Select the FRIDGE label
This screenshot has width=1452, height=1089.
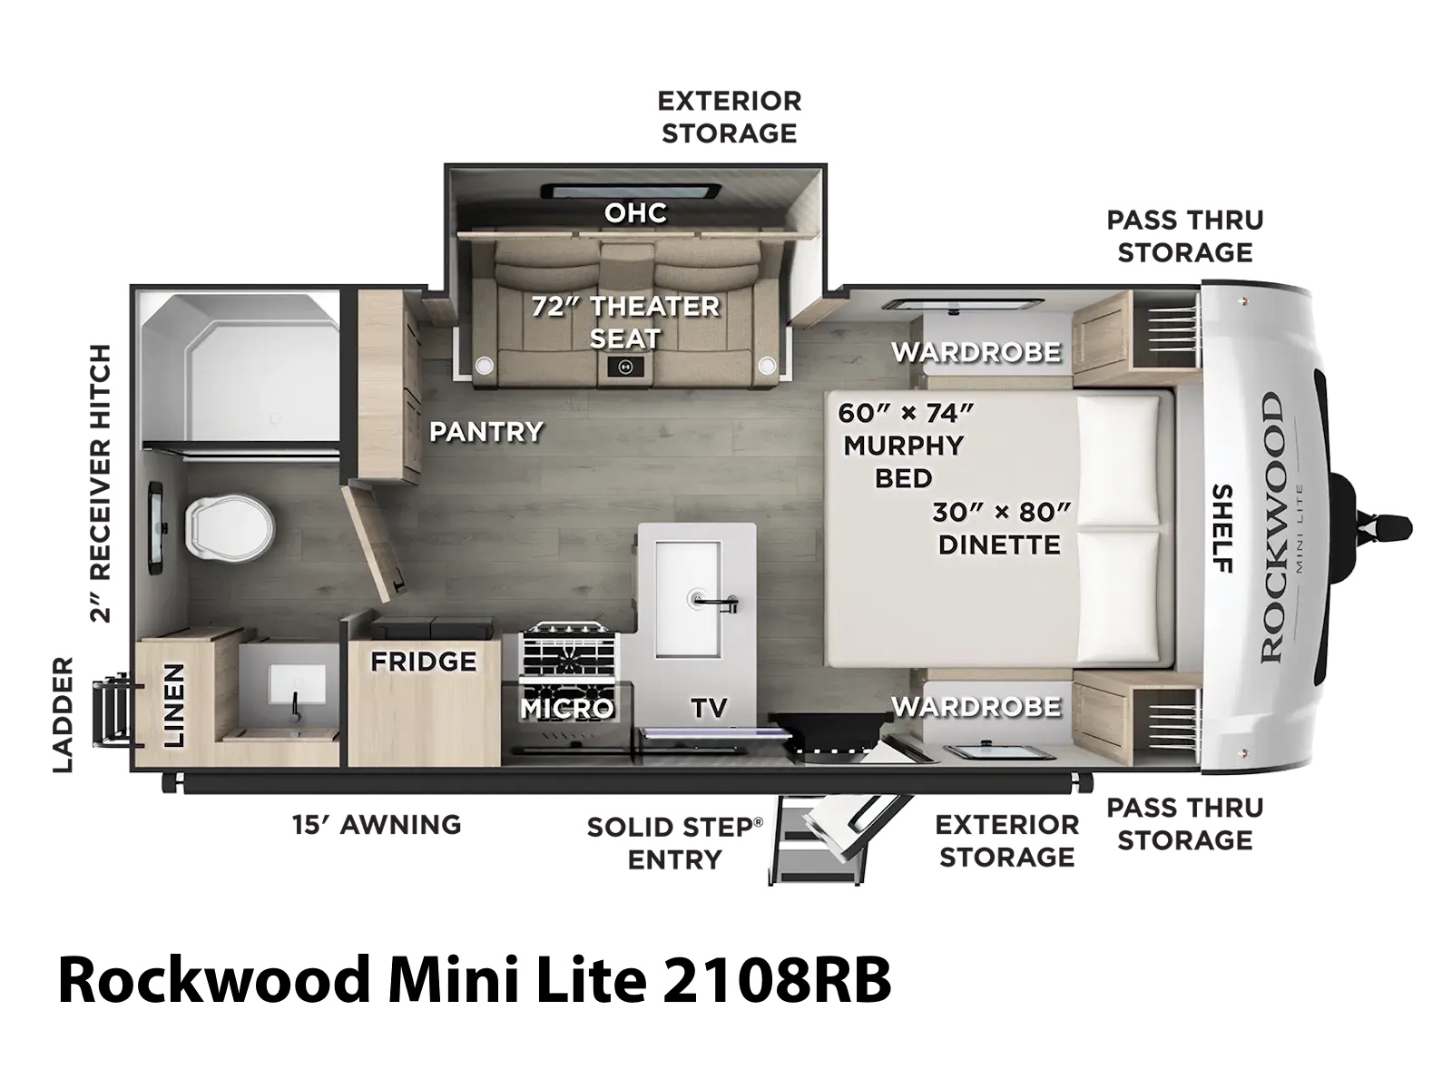point(424,662)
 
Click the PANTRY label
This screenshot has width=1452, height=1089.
point(486,432)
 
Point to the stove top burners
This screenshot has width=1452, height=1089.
point(568,652)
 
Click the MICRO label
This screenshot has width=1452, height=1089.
point(567,708)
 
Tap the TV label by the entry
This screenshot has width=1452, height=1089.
point(709,708)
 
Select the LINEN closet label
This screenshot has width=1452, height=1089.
point(173,705)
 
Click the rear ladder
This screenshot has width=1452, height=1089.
point(113,710)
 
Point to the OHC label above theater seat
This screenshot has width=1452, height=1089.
point(636,213)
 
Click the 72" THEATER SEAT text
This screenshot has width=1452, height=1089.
point(625,322)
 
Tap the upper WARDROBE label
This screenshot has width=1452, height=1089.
point(976,352)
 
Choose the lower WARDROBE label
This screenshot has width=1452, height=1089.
point(976,707)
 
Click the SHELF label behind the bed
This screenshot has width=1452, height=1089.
point(1221,528)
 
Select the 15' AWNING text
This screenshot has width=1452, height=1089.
point(377,825)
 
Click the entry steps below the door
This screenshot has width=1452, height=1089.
point(818,844)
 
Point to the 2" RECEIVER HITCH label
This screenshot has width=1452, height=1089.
point(101,484)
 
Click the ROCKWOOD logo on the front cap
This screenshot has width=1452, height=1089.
point(1271,527)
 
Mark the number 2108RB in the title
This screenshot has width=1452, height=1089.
point(777,980)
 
